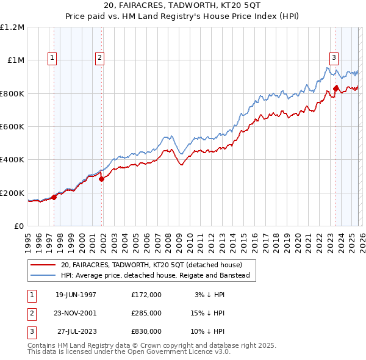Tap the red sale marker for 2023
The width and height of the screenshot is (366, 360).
pos(335,88)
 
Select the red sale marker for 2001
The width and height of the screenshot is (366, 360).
pos(101,179)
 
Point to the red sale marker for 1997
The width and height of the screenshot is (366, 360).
pos(54,197)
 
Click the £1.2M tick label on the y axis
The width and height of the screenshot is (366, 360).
pos(12,27)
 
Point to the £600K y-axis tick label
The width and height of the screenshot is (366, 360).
pos(12,127)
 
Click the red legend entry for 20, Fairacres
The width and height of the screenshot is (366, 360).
pos(151,265)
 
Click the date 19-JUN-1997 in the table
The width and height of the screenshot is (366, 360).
pos(76,295)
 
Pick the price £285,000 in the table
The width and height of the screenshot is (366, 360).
pos(146,313)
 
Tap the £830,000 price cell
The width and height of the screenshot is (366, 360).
pos(146,331)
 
